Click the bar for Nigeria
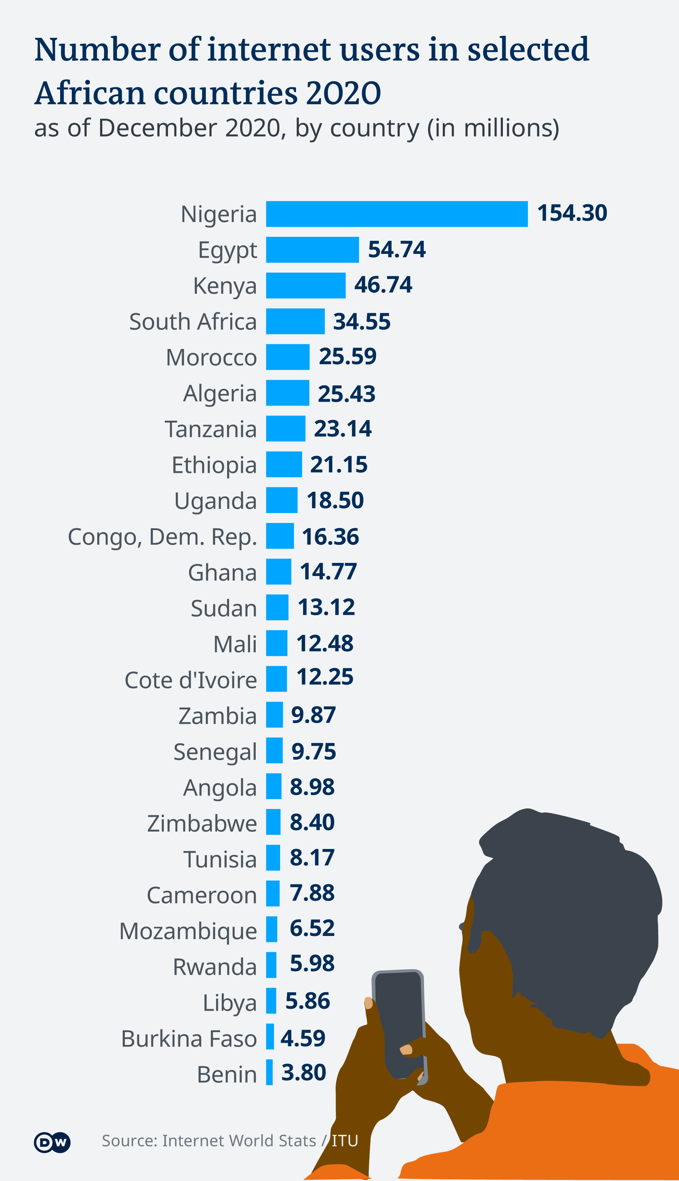click(x=396, y=214)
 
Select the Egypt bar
click(x=313, y=250)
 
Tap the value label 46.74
click(x=383, y=285)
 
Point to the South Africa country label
click(x=193, y=322)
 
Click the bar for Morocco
click(x=288, y=357)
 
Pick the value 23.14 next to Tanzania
click(x=342, y=429)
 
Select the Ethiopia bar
click(x=284, y=464)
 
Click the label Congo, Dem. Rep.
click(x=162, y=537)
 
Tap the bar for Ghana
click(x=278, y=572)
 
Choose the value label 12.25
click(x=325, y=677)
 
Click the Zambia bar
click(x=274, y=715)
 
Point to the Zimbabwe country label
click(x=202, y=824)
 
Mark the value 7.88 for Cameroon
click(x=312, y=893)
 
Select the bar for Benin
click(x=269, y=1072)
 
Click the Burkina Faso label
click(x=189, y=1039)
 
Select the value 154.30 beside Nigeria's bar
click(x=572, y=213)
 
